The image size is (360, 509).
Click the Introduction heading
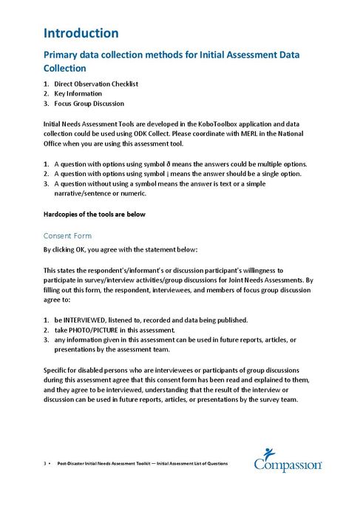[81, 33]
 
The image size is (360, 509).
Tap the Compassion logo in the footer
[288, 459]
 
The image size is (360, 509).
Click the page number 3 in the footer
[45, 464]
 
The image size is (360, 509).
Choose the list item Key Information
[81, 94]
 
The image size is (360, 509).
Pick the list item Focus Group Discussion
[88, 104]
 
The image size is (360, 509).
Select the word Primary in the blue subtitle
[65, 55]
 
